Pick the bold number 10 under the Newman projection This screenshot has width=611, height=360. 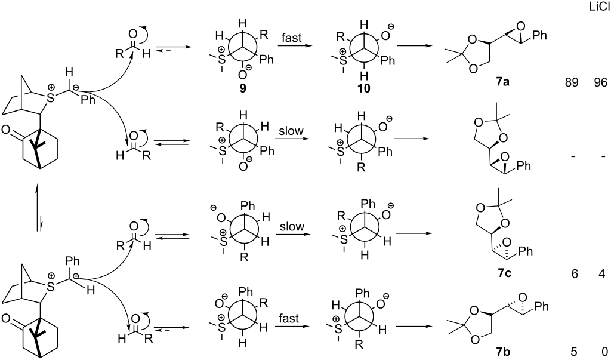click(x=362, y=88)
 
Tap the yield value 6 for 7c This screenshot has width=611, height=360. click(x=575, y=274)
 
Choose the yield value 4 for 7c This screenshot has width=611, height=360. click(x=601, y=274)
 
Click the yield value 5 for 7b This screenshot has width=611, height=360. click(x=575, y=352)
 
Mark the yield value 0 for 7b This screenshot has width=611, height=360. click(x=601, y=352)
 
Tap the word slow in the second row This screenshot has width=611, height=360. click(x=291, y=131)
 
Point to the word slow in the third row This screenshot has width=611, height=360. click(x=291, y=227)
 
